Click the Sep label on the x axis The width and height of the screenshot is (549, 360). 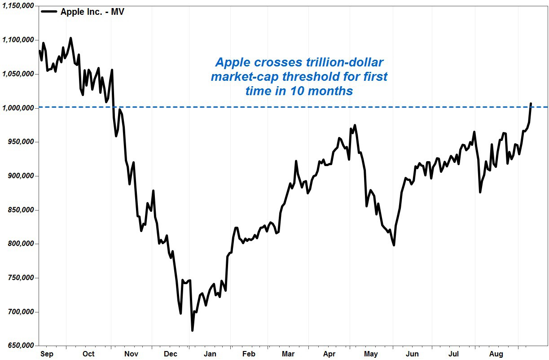click(47, 354)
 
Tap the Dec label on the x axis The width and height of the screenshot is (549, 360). click(171, 354)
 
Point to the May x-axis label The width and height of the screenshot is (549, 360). click(371, 354)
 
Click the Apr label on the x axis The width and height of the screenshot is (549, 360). click(329, 354)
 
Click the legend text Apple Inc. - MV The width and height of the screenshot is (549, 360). click(92, 12)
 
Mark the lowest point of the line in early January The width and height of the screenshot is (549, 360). click(192, 330)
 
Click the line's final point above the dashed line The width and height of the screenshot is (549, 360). click(531, 104)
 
